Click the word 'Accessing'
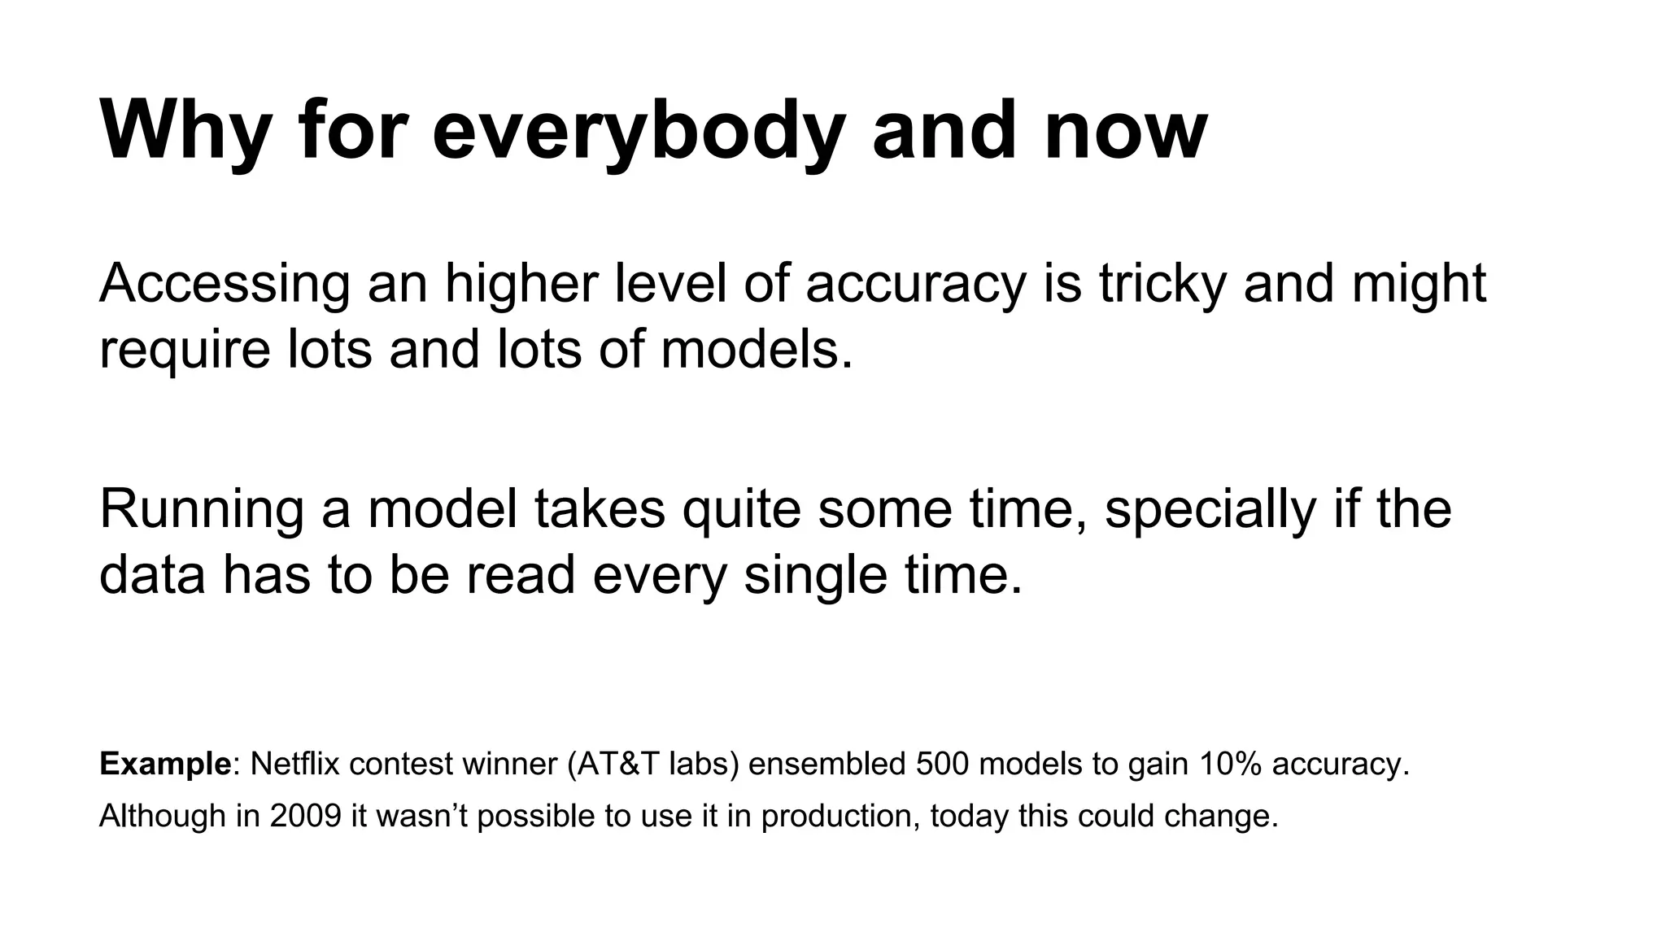(x=225, y=285)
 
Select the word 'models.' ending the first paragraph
(x=757, y=350)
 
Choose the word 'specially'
(x=1210, y=509)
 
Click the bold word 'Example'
(x=165, y=765)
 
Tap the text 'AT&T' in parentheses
(x=619, y=765)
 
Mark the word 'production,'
(x=841, y=816)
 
